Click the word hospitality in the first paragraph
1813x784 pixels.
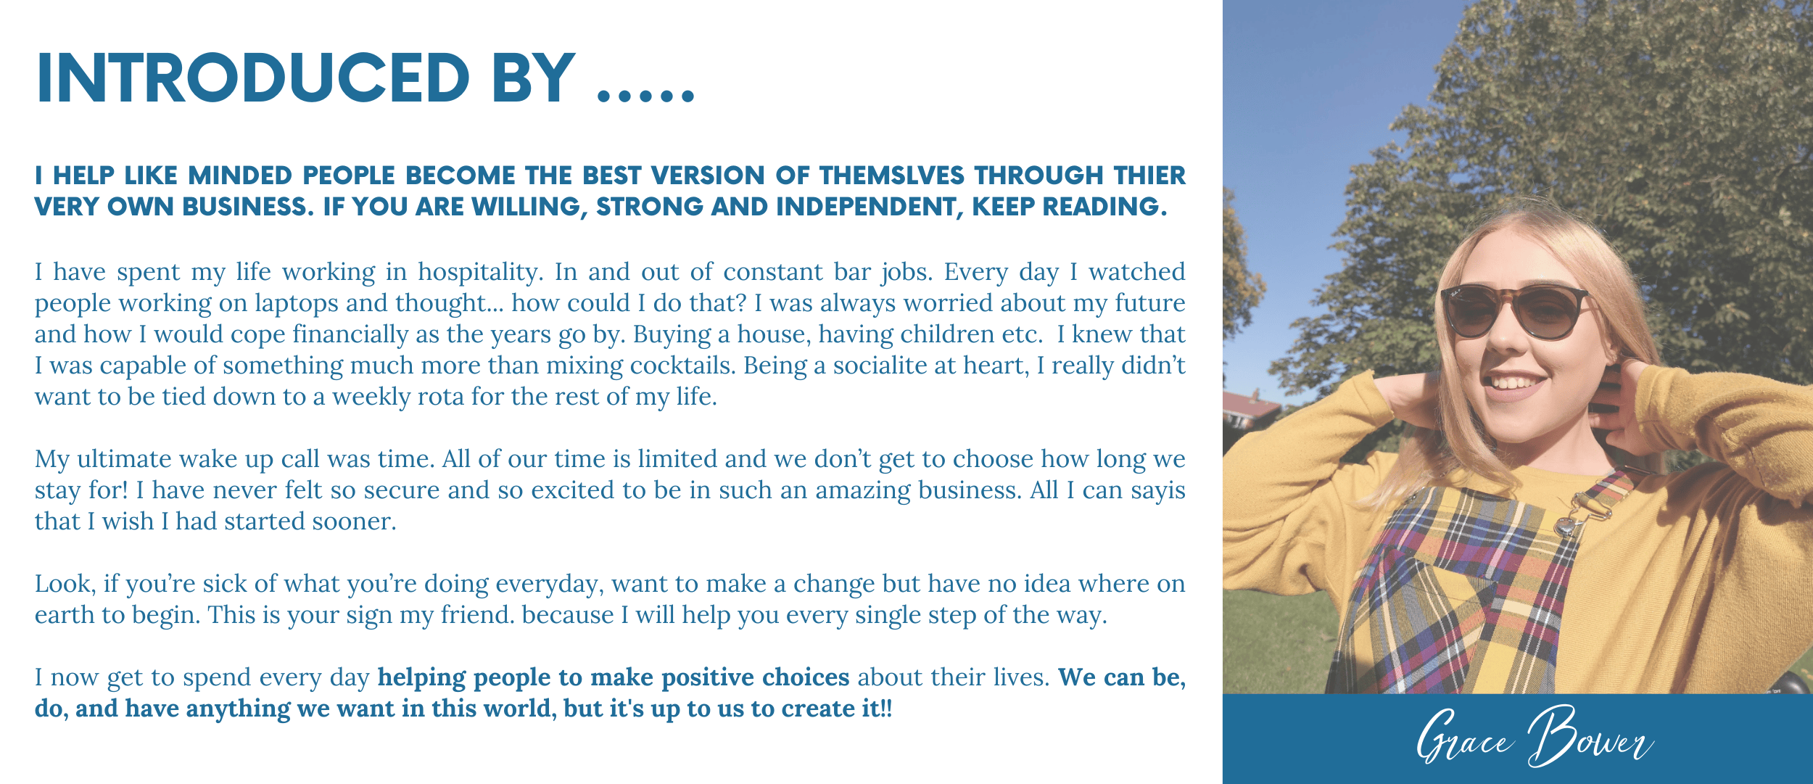(480, 273)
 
